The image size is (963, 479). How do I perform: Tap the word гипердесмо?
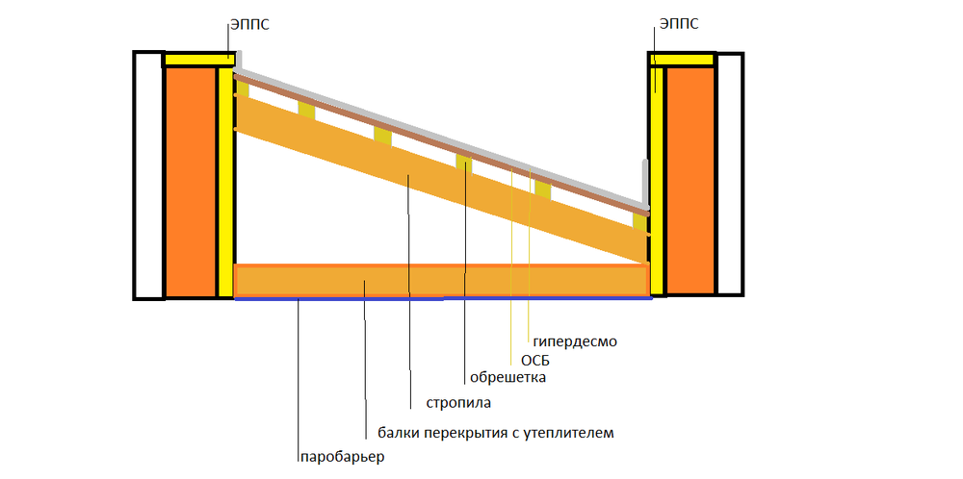pyautogui.click(x=574, y=340)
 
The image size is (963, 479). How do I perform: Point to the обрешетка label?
pyautogui.click(x=508, y=378)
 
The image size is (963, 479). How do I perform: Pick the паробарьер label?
pyautogui.click(x=341, y=457)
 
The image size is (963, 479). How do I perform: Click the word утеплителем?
pyautogui.click(x=573, y=433)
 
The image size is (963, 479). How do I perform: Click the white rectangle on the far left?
pyautogui.click(x=148, y=175)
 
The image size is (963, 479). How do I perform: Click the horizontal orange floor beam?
pyautogui.click(x=440, y=280)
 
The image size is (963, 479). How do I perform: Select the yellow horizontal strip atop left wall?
pyautogui.click(x=197, y=60)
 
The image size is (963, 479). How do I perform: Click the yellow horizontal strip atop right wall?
pyautogui.click(x=684, y=60)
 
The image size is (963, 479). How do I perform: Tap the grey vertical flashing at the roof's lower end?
pyautogui.click(x=646, y=183)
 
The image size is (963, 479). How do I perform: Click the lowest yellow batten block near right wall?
pyautogui.click(x=639, y=221)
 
